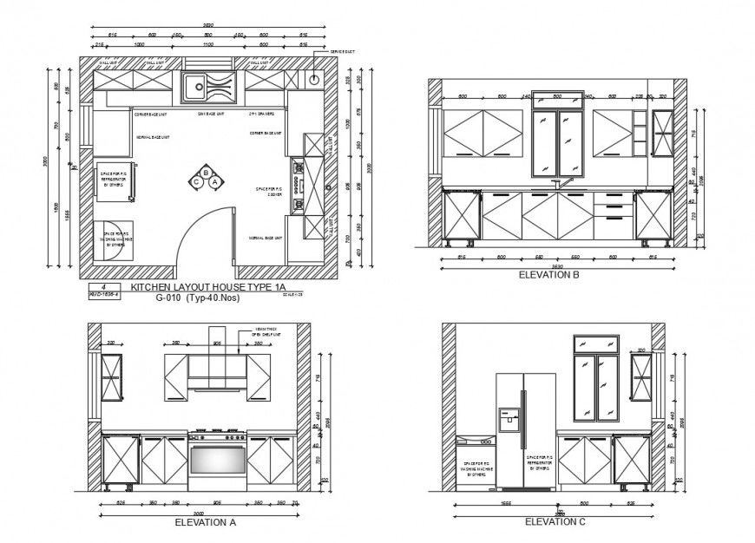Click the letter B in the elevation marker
click(206, 172)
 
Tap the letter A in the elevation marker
click(214, 180)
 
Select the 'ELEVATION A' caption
click(205, 522)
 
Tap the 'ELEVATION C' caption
click(555, 521)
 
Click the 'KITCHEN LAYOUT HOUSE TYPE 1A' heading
click(207, 286)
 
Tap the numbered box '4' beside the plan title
click(102, 285)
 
